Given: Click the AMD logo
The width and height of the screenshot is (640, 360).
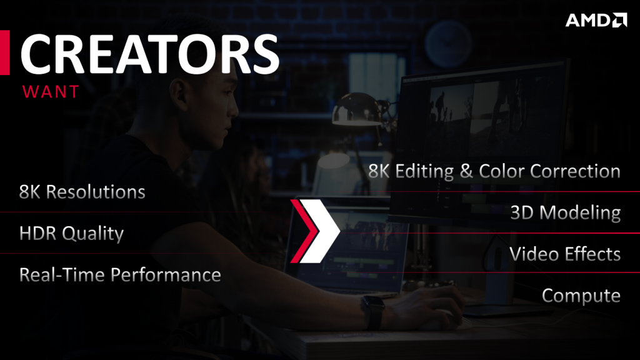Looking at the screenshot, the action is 596,20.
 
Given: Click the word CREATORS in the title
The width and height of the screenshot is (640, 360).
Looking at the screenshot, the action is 150,54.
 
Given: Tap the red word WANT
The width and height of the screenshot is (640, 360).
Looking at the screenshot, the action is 51,92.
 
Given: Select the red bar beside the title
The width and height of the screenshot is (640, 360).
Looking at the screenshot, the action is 5,52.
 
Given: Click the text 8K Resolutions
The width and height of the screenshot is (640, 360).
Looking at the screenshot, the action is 82,192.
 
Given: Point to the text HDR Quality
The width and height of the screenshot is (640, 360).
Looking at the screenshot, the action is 71,234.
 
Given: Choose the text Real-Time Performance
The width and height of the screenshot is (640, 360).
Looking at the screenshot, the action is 120,275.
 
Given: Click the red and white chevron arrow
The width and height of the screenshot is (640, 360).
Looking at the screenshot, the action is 315,231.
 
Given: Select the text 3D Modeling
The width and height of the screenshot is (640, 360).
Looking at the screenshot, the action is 565,212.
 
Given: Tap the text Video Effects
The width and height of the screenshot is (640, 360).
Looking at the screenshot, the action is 565,254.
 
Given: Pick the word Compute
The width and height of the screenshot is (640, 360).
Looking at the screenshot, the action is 581,296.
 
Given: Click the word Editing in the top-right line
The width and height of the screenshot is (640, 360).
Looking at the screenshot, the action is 424,171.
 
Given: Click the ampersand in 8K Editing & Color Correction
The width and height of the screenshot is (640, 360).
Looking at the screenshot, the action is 466,171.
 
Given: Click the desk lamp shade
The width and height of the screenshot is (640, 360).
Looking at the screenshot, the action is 357,109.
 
